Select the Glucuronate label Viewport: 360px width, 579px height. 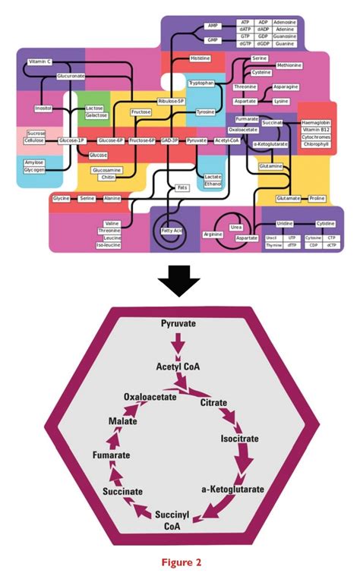[70, 77]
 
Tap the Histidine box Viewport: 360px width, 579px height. [201, 58]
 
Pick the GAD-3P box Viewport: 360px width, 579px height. [170, 140]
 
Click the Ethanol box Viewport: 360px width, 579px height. [213, 184]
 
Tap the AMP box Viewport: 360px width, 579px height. [212, 26]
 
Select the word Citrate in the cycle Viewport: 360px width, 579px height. [213, 403]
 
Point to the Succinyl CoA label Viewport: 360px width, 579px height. [172, 522]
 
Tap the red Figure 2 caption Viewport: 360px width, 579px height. [180, 562]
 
